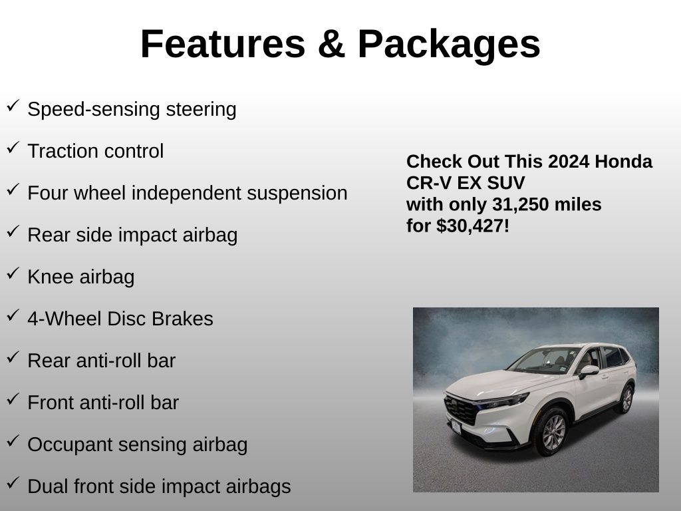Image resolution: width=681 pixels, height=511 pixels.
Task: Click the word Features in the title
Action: (x=223, y=44)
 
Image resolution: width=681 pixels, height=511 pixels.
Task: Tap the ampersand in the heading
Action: (x=331, y=44)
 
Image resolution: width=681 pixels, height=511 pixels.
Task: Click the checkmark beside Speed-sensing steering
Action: (x=13, y=106)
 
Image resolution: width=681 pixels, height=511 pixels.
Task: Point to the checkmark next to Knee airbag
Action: (x=13, y=273)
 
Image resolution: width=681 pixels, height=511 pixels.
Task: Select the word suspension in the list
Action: (x=297, y=194)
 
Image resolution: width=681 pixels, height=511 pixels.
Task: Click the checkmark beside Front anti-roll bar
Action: (x=13, y=399)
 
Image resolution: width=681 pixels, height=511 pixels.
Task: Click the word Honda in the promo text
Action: (x=623, y=162)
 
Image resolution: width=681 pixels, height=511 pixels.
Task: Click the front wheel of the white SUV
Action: (x=552, y=431)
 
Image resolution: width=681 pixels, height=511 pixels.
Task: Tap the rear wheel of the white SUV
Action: (x=626, y=399)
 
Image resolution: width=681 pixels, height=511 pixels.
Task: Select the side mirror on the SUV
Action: (x=589, y=371)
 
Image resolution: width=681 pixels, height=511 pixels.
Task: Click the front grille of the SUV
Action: (x=460, y=411)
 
